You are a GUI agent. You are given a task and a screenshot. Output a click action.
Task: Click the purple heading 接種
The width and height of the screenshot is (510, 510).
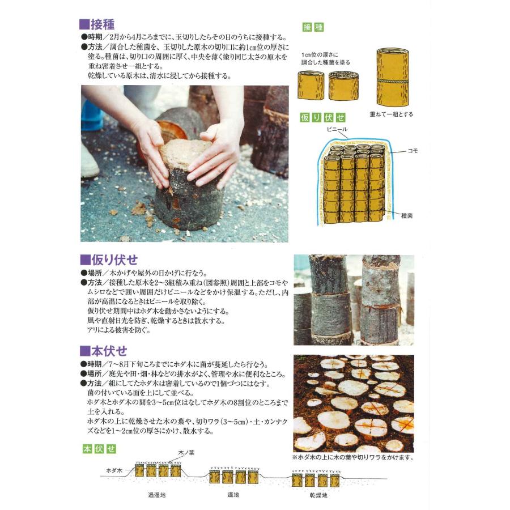(97, 24)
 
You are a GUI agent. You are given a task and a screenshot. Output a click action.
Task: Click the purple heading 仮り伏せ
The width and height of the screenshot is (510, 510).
(109, 260)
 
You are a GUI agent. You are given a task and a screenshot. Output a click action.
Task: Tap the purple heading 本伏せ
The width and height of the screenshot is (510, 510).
(104, 351)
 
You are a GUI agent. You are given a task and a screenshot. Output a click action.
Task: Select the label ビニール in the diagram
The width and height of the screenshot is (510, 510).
(337, 129)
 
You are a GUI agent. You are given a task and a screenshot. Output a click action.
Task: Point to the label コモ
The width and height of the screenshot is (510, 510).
(413, 151)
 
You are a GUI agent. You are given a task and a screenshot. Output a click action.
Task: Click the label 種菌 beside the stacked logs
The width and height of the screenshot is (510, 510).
(407, 216)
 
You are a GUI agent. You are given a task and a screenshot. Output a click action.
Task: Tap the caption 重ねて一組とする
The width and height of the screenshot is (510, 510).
(391, 114)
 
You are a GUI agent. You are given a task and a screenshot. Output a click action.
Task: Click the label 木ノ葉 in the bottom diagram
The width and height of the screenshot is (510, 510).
(186, 452)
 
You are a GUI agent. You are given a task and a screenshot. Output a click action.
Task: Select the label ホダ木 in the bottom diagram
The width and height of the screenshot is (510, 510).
(114, 470)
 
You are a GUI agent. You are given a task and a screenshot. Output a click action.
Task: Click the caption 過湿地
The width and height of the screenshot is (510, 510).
(157, 495)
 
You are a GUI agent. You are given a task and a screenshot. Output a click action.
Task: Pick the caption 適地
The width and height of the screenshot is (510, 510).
(233, 495)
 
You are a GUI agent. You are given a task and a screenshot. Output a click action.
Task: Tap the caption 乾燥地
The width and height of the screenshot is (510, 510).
(318, 495)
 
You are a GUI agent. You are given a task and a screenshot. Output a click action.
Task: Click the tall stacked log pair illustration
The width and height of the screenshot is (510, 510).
(393, 77)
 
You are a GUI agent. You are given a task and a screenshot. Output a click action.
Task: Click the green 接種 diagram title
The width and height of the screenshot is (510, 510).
(313, 27)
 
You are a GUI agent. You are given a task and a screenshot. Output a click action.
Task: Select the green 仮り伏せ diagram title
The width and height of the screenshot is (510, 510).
(322, 117)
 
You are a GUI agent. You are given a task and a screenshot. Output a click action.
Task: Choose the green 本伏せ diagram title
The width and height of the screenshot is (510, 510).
(99, 449)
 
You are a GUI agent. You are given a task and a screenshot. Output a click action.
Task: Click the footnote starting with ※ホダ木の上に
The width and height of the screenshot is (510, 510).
(353, 457)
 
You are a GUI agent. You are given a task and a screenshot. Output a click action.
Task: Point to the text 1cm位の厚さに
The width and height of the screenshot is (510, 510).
(320, 54)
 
